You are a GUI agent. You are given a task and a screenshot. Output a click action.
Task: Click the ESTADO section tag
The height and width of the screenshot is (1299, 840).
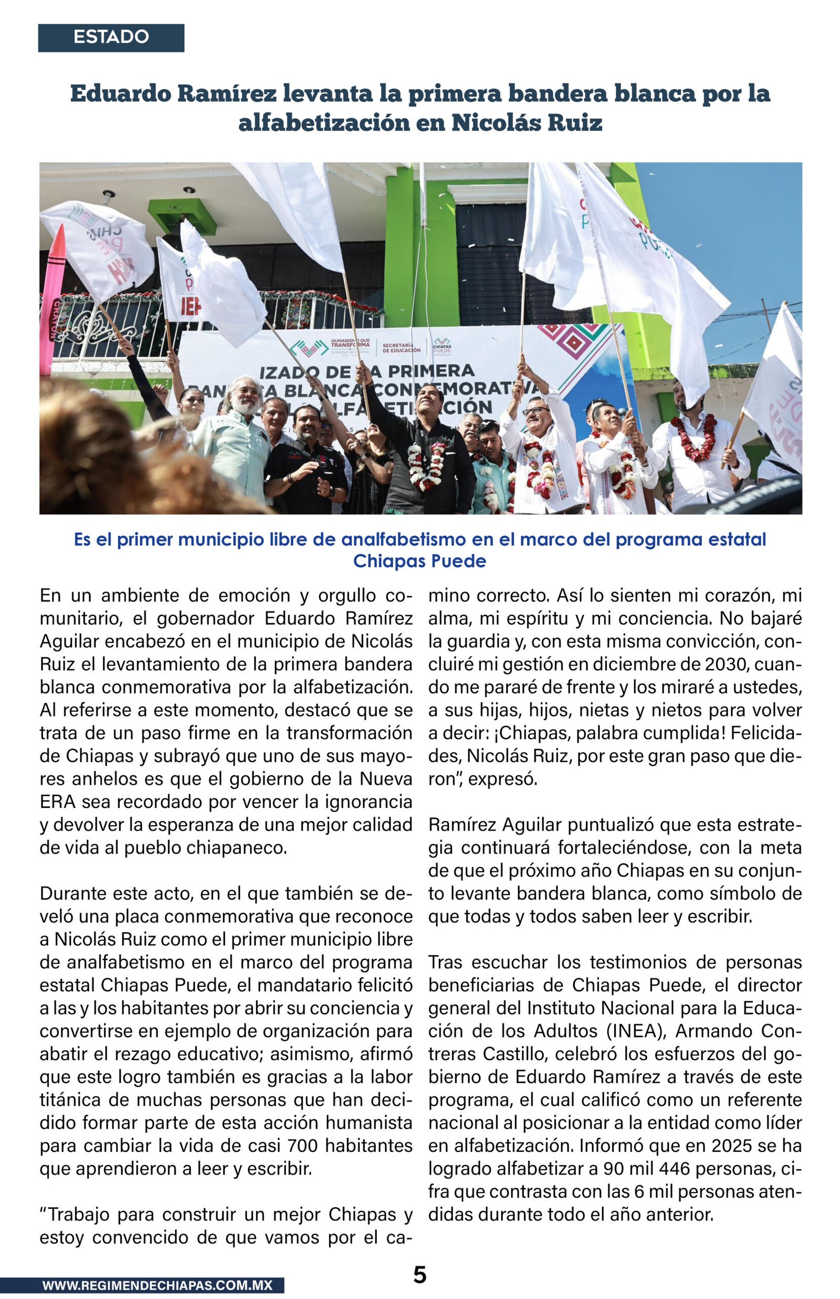click(111, 37)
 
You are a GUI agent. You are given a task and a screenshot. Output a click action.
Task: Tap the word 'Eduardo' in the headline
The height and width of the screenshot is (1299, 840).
click(120, 94)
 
